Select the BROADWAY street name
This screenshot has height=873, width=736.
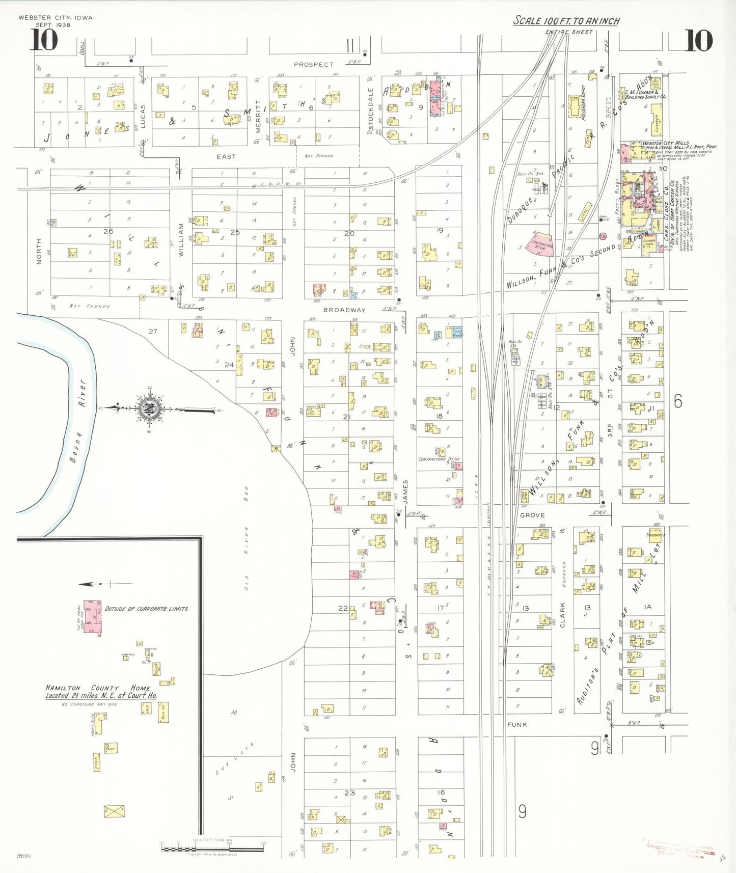(x=344, y=310)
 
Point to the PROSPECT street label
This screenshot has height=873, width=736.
(x=313, y=65)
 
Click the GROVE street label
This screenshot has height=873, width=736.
(x=532, y=515)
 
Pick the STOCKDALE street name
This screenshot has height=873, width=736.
(x=371, y=108)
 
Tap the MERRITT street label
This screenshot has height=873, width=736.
(x=258, y=116)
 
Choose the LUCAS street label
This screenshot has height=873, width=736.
(x=143, y=116)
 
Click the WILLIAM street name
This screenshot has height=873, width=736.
(x=181, y=239)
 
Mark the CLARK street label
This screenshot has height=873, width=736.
(x=563, y=614)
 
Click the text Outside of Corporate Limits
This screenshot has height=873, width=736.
(x=146, y=609)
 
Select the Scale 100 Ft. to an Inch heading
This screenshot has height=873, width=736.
(x=566, y=21)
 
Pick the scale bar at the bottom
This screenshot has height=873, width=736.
(x=213, y=848)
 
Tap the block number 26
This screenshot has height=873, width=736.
(x=108, y=231)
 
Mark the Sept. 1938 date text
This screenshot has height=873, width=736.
(x=53, y=24)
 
